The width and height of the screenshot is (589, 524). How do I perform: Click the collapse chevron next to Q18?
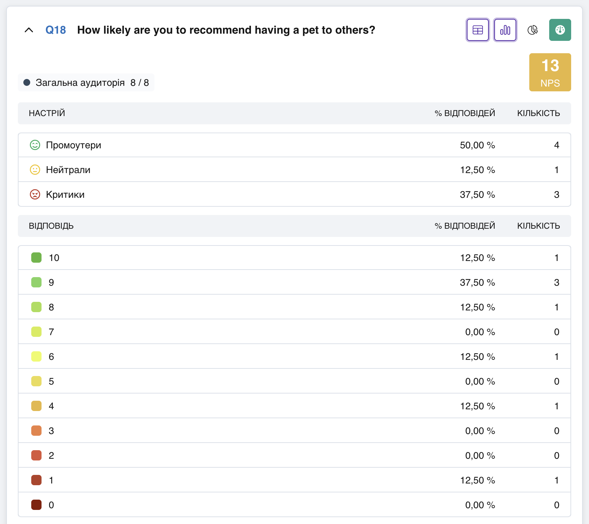click(x=29, y=30)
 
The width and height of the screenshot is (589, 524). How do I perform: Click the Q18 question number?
click(x=56, y=30)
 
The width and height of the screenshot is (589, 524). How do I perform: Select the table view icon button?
click(x=478, y=30)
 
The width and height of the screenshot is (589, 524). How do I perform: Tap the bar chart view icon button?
click(x=505, y=30)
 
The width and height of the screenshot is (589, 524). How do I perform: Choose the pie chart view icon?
click(x=533, y=30)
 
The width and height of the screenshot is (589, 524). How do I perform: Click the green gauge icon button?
click(x=560, y=30)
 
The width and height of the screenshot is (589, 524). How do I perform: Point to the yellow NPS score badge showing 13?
click(x=550, y=72)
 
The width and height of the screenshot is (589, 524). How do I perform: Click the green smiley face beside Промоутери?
click(x=35, y=145)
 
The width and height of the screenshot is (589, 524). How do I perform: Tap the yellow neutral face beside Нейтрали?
click(x=35, y=170)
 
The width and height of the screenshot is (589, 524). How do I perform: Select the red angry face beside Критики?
click(x=35, y=194)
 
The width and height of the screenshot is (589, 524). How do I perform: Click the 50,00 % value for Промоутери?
click(x=477, y=145)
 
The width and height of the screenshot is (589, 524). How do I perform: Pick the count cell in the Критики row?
click(x=557, y=195)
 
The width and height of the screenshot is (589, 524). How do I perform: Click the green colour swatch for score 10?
click(x=36, y=258)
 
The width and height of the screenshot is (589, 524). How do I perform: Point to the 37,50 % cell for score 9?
click(x=477, y=283)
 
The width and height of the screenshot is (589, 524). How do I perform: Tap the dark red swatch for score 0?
click(x=36, y=505)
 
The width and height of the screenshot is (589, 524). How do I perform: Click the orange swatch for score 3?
click(x=36, y=431)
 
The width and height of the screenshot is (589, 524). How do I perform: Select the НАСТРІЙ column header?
click(x=47, y=113)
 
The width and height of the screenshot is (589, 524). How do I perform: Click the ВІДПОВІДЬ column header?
click(x=51, y=226)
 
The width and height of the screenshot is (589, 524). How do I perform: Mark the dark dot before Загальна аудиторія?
click(x=27, y=82)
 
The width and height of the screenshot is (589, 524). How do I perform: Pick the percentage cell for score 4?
click(x=477, y=406)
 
